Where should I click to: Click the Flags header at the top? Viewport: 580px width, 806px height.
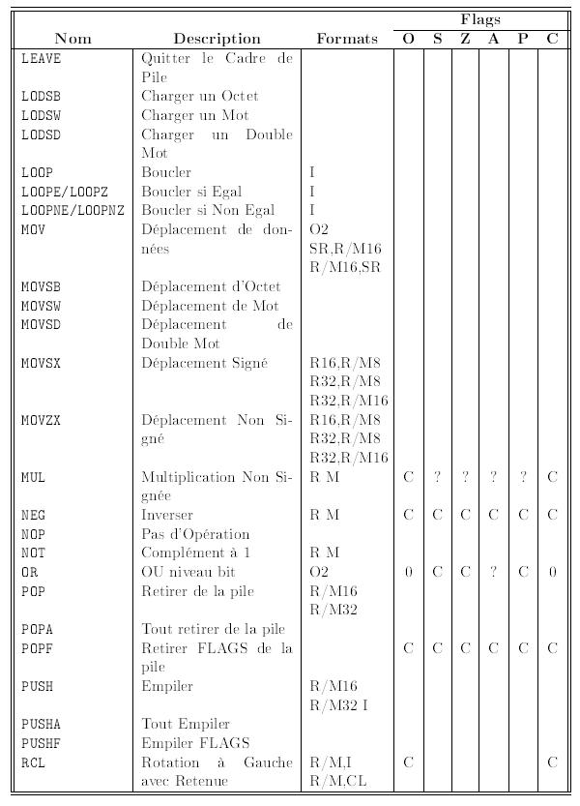[x=479, y=19]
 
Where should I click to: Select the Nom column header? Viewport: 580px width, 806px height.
[x=73, y=39]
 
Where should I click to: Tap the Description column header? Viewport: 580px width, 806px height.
[x=217, y=39]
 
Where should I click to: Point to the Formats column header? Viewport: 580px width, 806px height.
[x=347, y=39]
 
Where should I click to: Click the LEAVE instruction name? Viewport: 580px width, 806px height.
[x=41, y=58]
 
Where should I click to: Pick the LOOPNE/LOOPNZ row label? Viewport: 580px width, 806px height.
[x=72, y=210]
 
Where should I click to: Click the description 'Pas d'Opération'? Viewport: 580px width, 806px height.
[x=195, y=534]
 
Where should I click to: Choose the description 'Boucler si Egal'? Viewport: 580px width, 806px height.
[x=191, y=192]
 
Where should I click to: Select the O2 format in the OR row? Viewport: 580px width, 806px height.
[x=320, y=572]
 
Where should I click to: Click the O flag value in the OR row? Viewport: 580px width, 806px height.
[x=408, y=572]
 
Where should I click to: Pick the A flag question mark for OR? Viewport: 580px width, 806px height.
[x=494, y=572]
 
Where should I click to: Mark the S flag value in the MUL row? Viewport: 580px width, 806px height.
[x=437, y=477]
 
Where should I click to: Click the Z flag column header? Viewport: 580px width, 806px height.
[x=465, y=39]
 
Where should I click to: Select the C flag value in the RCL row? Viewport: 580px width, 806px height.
[x=552, y=762]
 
